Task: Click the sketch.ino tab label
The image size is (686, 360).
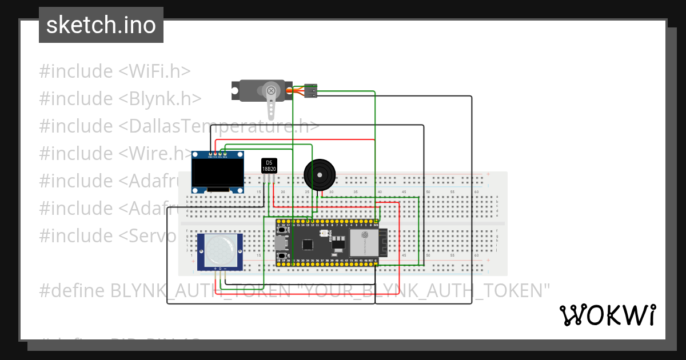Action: point(101,25)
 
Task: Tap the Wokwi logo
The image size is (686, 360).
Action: point(607,315)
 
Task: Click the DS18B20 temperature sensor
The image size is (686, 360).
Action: point(269,166)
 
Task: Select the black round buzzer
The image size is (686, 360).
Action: point(318,174)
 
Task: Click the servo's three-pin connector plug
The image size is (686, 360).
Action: point(310,91)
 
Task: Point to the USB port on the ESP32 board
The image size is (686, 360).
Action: point(281,244)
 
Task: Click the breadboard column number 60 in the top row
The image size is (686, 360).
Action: point(476,192)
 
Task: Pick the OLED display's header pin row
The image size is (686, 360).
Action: point(218,154)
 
